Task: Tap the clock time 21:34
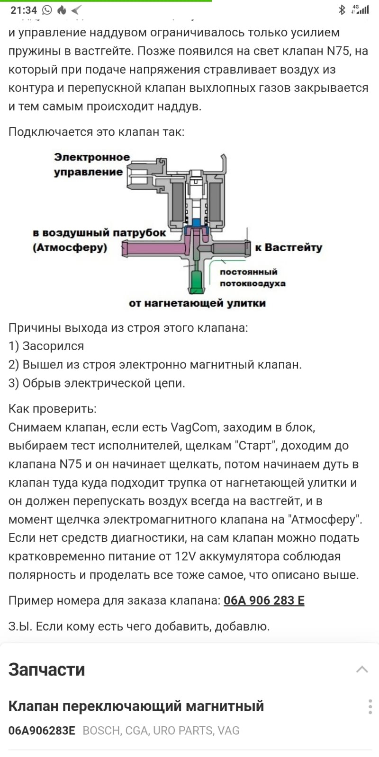click(24, 10)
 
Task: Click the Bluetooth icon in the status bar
click(342, 9)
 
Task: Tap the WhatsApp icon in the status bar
click(47, 10)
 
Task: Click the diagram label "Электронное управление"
click(91, 164)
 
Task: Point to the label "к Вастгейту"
click(289, 247)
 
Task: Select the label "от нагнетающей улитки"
click(197, 303)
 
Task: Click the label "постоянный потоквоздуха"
click(252, 278)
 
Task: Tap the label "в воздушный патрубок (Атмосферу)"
click(99, 240)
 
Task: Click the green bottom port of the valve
click(196, 281)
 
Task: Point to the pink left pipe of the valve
click(152, 248)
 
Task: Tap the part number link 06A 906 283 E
click(264, 600)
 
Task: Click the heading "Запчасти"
click(46, 669)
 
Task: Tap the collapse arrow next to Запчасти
click(362, 669)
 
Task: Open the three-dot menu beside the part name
click(370, 706)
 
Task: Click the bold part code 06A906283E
click(42, 731)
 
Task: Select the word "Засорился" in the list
click(53, 346)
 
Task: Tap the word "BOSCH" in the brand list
click(101, 731)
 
